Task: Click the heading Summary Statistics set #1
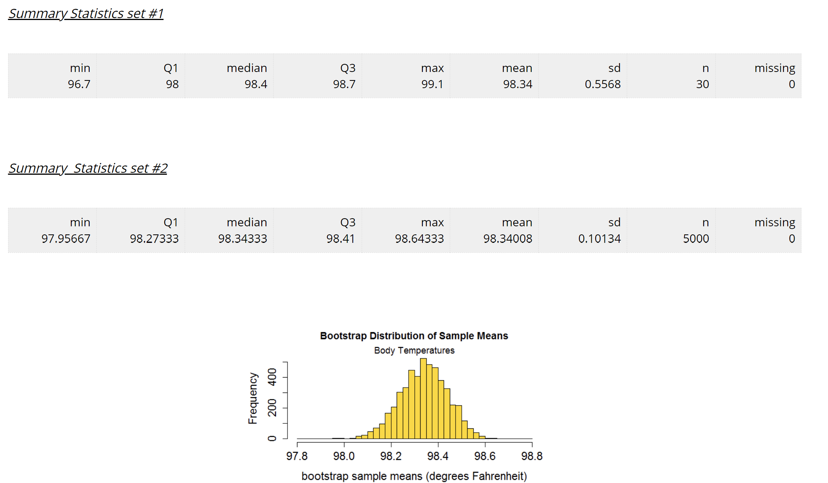tap(86, 13)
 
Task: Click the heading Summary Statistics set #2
tap(88, 168)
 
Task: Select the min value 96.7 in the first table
tap(79, 84)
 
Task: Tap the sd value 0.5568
tap(603, 84)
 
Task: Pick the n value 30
tap(702, 84)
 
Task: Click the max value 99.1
tap(432, 84)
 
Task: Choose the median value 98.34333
tap(242, 239)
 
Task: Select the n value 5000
tap(696, 239)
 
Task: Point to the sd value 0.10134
tap(599, 239)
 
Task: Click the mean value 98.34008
tap(507, 239)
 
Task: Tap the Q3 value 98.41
tap(340, 239)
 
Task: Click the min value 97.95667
tap(66, 239)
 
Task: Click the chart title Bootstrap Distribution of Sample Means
tap(414, 336)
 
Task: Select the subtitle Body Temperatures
tap(414, 351)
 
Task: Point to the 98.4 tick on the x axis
tap(438, 456)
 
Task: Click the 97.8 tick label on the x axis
tap(297, 456)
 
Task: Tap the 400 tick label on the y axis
tap(272, 377)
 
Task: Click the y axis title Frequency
tap(252, 398)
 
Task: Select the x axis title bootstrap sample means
tap(414, 476)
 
